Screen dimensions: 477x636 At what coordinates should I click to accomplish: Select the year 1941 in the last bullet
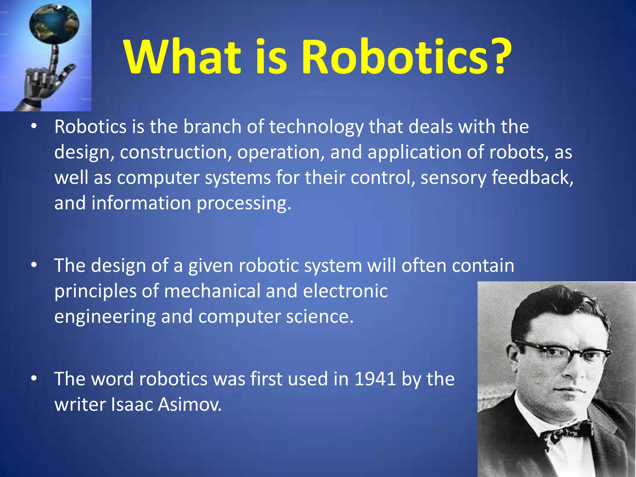click(375, 379)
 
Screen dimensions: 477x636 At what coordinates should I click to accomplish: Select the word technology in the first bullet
click(316, 127)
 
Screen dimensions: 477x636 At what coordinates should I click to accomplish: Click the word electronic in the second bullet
click(345, 291)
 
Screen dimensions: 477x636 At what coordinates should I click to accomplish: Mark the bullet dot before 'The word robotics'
click(34, 378)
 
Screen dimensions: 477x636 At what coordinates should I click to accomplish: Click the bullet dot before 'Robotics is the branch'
click(34, 126)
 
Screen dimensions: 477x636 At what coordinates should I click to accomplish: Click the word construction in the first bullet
click(175, 152)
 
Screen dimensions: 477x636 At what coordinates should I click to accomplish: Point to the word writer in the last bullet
click(80, 405)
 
